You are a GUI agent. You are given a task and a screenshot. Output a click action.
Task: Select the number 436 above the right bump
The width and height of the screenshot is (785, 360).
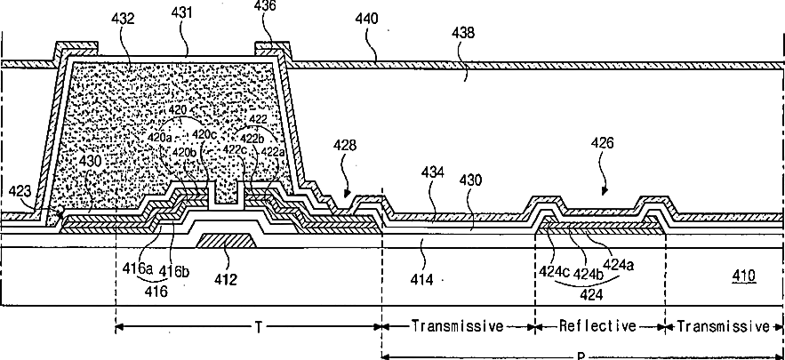click(267, 7)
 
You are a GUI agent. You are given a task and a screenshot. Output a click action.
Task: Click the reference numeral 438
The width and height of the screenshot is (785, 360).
click(462, 33)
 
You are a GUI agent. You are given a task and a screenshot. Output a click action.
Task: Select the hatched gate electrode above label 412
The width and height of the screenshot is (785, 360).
click(227, 239)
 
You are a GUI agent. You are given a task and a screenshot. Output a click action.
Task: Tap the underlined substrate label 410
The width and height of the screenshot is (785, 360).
click(742, 276)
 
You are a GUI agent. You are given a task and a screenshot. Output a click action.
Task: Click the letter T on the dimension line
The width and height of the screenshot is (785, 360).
click(259, 327)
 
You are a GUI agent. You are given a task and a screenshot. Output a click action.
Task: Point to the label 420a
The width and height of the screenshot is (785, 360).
click(160, 138)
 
